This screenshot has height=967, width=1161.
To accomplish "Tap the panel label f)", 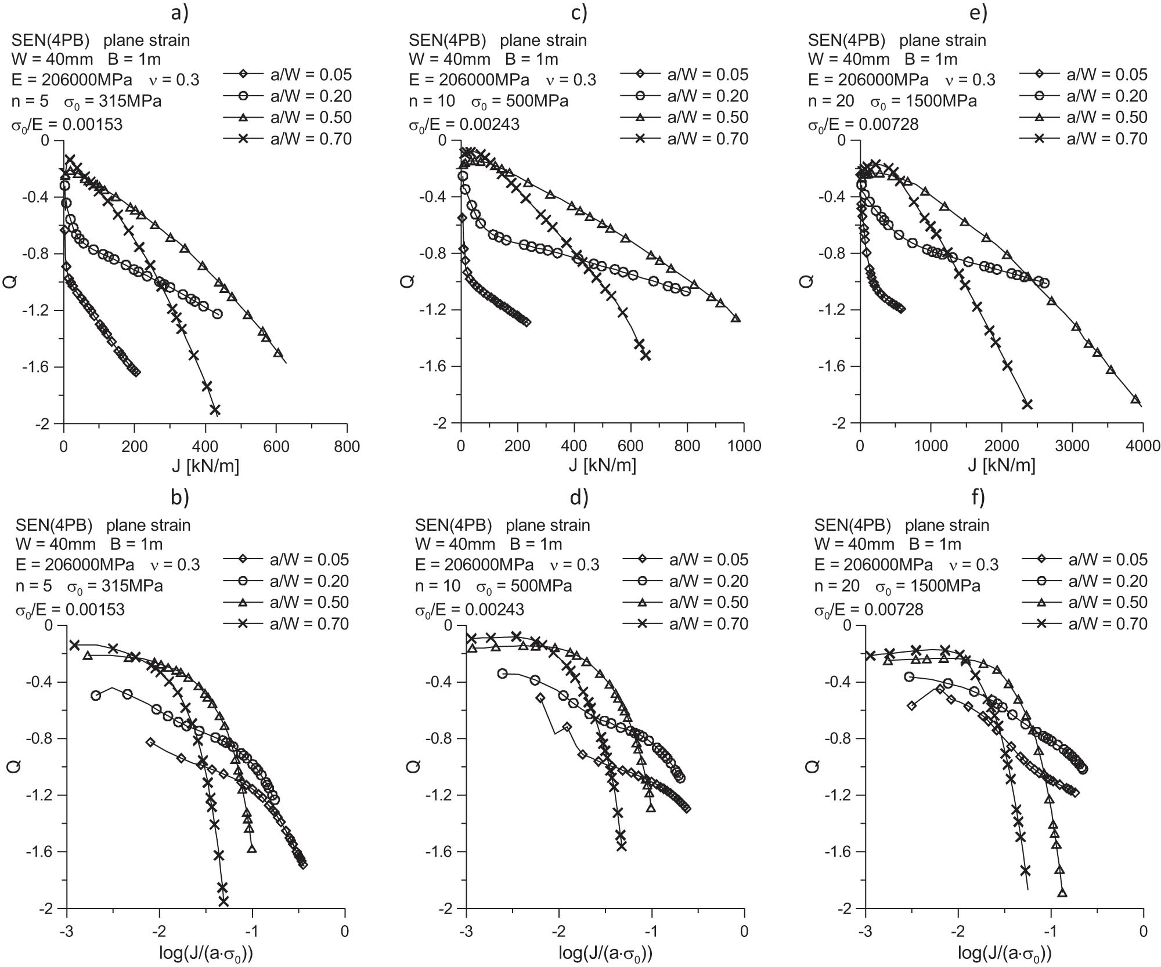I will (975, 497).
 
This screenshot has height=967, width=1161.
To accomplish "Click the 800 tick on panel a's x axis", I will (347, 446).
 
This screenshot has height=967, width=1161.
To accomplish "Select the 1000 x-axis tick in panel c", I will (744, 446).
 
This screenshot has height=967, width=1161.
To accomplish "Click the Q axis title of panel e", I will (806, 281).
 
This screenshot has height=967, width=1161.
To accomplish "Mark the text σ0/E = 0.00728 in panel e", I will (863, 124).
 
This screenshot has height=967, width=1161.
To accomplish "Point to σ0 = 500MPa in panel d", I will (524, 586).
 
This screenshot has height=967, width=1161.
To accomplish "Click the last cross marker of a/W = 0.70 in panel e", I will (1027, 404).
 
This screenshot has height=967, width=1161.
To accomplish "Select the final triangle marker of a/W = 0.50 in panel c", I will (735, 318).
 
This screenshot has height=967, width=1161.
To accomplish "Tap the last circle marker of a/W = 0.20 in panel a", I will (218, 314).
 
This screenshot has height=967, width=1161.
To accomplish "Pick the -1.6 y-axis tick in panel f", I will (837, 852).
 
